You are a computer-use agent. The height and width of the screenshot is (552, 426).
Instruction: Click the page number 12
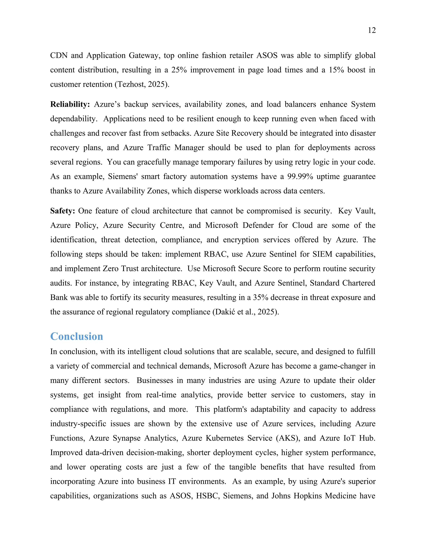point(372,30)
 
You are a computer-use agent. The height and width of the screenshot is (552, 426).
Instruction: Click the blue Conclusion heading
point(77,336)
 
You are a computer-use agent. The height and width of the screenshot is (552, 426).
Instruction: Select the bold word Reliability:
point(70,104)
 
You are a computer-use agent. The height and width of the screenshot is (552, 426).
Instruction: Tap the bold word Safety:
point(63,211)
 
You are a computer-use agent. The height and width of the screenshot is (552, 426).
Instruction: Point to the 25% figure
point(179,70)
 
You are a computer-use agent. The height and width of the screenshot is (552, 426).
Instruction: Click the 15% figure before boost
point(336,70)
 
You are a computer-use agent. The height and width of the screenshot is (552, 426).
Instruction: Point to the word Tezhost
point(131,84)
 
